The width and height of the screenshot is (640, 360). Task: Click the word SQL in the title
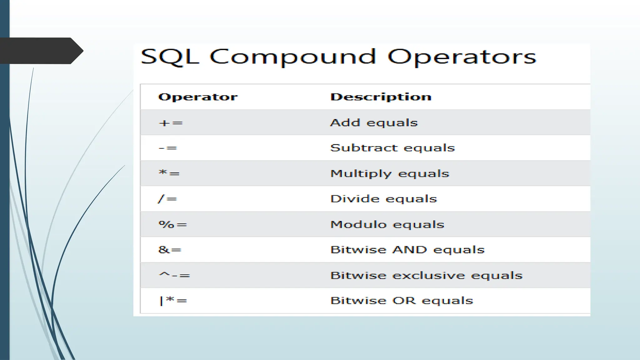click(x=170, y=57)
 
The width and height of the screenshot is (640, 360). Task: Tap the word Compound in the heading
click(x=292, y=57)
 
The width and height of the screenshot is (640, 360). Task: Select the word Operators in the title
click(x=462, y=57)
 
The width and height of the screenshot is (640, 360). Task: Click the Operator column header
click(x=198, y=97)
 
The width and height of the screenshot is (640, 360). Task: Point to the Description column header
click(x=381, y=97)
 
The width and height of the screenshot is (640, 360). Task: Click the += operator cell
click(x=171, y=123)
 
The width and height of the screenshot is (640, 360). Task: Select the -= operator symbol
click(x=168, y=148)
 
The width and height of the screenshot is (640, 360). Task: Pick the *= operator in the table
click(x=169, y=173)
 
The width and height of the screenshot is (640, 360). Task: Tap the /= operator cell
click(x=167, y=199)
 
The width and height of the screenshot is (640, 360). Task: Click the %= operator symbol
click(x=172, y=224)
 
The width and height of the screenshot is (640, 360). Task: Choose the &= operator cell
click(x=170, y=250)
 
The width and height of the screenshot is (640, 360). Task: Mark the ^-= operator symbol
click(x=174, y=275)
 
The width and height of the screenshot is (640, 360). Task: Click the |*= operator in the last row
click(x=173, y=301)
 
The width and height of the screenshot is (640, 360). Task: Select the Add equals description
click(x=374, y=123)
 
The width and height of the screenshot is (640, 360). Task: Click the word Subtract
click(x=364, y=148)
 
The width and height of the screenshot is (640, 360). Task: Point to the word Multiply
click(x=361, y=174)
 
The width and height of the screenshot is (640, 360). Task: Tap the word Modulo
click(x=358, y=224)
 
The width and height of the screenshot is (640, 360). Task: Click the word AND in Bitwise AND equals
click(x=410, y=250)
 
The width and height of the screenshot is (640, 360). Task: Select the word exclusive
click(x=429, y=275)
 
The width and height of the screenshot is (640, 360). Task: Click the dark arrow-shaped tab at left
click(x=41, y=51)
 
